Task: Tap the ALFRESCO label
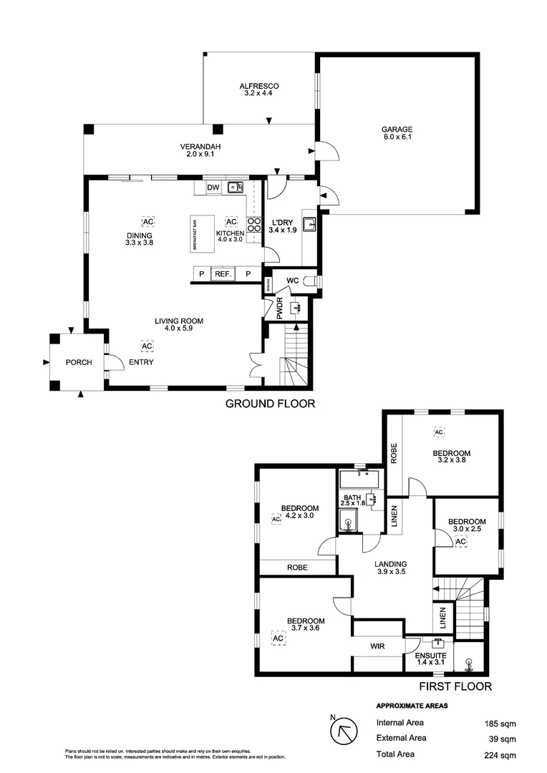tap(258, 87)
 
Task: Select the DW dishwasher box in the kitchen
tap(213, 188)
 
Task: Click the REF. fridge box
tap(221, 274)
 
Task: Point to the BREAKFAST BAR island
tap(203, 234)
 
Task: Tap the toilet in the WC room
tap(311, 280)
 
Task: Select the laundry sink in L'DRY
tap(309, 224)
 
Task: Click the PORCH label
tap(79, 362)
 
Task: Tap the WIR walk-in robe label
tap(378, 646)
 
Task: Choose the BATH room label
tap(352, 498)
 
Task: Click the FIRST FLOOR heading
tap(455, 686)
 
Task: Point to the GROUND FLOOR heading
tap(270, 404)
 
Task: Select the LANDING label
tap(391, 564)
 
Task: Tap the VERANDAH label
tap(200, 147)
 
